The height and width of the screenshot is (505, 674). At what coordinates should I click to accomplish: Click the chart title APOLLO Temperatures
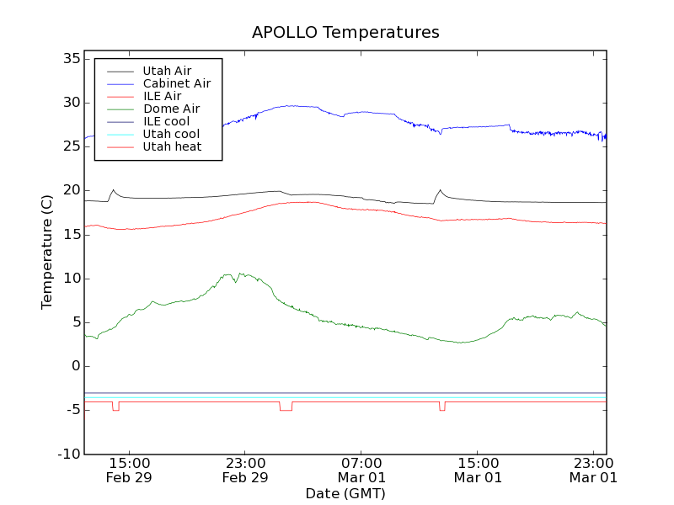[x=345, y=33]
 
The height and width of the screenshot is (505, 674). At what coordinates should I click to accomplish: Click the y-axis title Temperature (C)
[x=48, y=252]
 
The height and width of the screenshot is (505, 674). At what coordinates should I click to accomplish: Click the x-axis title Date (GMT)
[x=345, y=493]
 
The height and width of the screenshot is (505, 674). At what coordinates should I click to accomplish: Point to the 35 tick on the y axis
[x=70, y=59]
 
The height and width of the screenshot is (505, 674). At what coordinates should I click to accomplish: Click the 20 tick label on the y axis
[x=70, y=190]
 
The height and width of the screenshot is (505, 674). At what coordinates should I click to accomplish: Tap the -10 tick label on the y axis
[x=67, y=454]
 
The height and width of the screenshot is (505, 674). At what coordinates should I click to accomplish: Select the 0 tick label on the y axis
[x=75, y=366]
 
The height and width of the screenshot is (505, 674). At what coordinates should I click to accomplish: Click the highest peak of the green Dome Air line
[x=240, y=273]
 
